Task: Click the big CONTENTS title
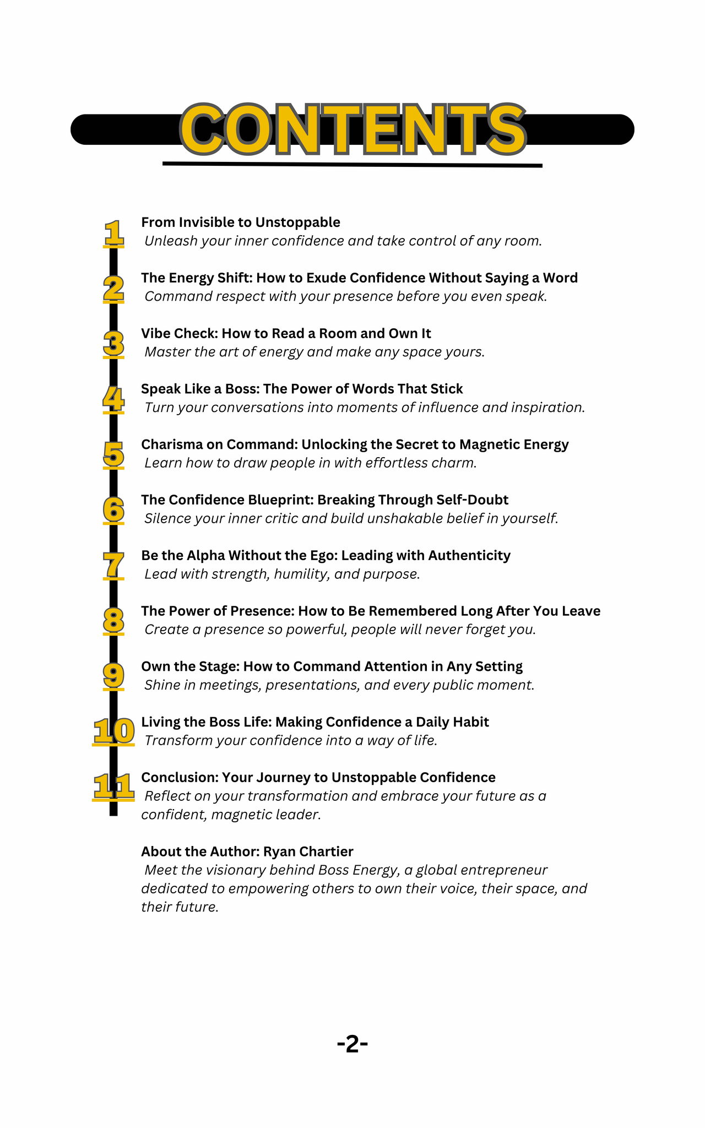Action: pos(352,129)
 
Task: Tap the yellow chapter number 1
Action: pos(113,233)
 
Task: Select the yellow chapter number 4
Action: pos(113,399)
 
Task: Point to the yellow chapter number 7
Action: pos(113,565)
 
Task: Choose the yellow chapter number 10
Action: pos(113,731)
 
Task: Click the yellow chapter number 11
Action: pos(113,787)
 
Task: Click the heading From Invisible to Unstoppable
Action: pos(241,222)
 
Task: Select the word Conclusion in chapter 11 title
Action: pos(180,777)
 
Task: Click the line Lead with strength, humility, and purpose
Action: pos(282,574)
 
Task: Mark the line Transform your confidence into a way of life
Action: pos(291,740)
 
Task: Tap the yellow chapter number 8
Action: pos(113,621)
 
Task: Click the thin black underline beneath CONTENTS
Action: pos(352,164)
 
